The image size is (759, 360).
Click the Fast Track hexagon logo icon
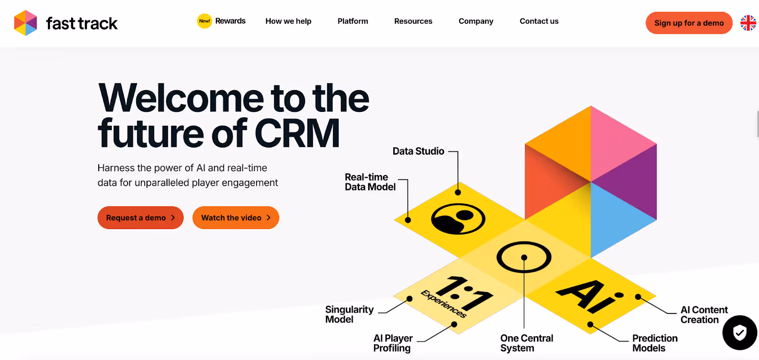pos(26,23)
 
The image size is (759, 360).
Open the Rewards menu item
pos(230,21)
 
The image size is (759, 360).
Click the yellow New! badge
pos(204,21)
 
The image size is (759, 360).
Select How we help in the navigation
pos(288,21)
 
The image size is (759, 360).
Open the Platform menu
pos(352,21)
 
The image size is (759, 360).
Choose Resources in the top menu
pos(413,21)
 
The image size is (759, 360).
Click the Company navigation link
pos(476,21)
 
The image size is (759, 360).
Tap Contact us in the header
pos(539,21)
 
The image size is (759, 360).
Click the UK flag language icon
pos(748,23)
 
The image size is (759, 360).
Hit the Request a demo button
pos(140,218)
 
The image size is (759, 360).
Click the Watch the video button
pos(236,218)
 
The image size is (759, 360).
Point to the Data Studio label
pos(418,151)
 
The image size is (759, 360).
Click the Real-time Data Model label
pos(370,182)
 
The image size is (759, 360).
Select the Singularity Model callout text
pos(350,314)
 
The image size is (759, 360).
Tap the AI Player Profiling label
pos(393,343)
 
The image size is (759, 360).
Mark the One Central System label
pos(527,343)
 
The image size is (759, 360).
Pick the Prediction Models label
pos(655,343)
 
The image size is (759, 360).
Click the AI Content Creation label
pos(704,314)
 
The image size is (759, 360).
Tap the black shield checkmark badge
pos(740,332)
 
